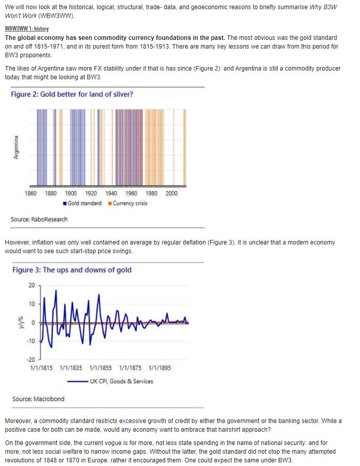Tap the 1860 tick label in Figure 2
coord(31,193)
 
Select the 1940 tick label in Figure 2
coord(111,193)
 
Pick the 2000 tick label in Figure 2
coord(171,193)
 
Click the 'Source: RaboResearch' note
coord(39,219)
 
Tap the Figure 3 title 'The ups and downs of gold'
coord(72,270)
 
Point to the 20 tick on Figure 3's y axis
coord(32,285)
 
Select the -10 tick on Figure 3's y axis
coord(31,341)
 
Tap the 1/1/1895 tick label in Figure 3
coord(160,368)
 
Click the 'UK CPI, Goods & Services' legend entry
coord(121,381)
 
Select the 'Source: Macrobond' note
coord(38,398)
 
